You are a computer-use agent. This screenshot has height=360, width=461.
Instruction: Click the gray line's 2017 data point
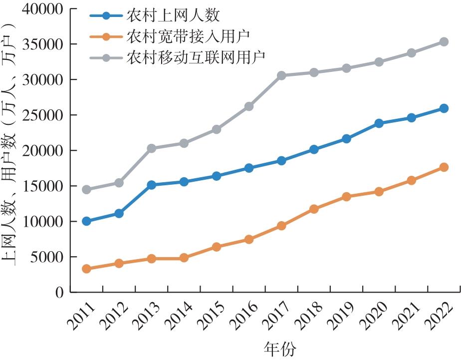(x=281, y=75)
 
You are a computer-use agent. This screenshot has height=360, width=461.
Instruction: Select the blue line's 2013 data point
(x=152, y=185)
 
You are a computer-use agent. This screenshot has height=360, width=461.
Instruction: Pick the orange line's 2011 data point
(x=87, y=269)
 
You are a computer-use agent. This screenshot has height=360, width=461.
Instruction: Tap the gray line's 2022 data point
(x=444, y=42)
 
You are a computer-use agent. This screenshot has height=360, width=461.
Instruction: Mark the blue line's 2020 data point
(x=379, y=123)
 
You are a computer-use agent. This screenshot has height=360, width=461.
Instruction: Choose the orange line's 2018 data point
(x=314, y=209)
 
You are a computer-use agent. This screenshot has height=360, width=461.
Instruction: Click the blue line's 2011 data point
(x=87, y=221)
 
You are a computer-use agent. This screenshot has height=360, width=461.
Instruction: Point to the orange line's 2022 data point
(x=444, y=167)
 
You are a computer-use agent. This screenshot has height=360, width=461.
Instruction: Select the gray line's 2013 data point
(x=152, y=148)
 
